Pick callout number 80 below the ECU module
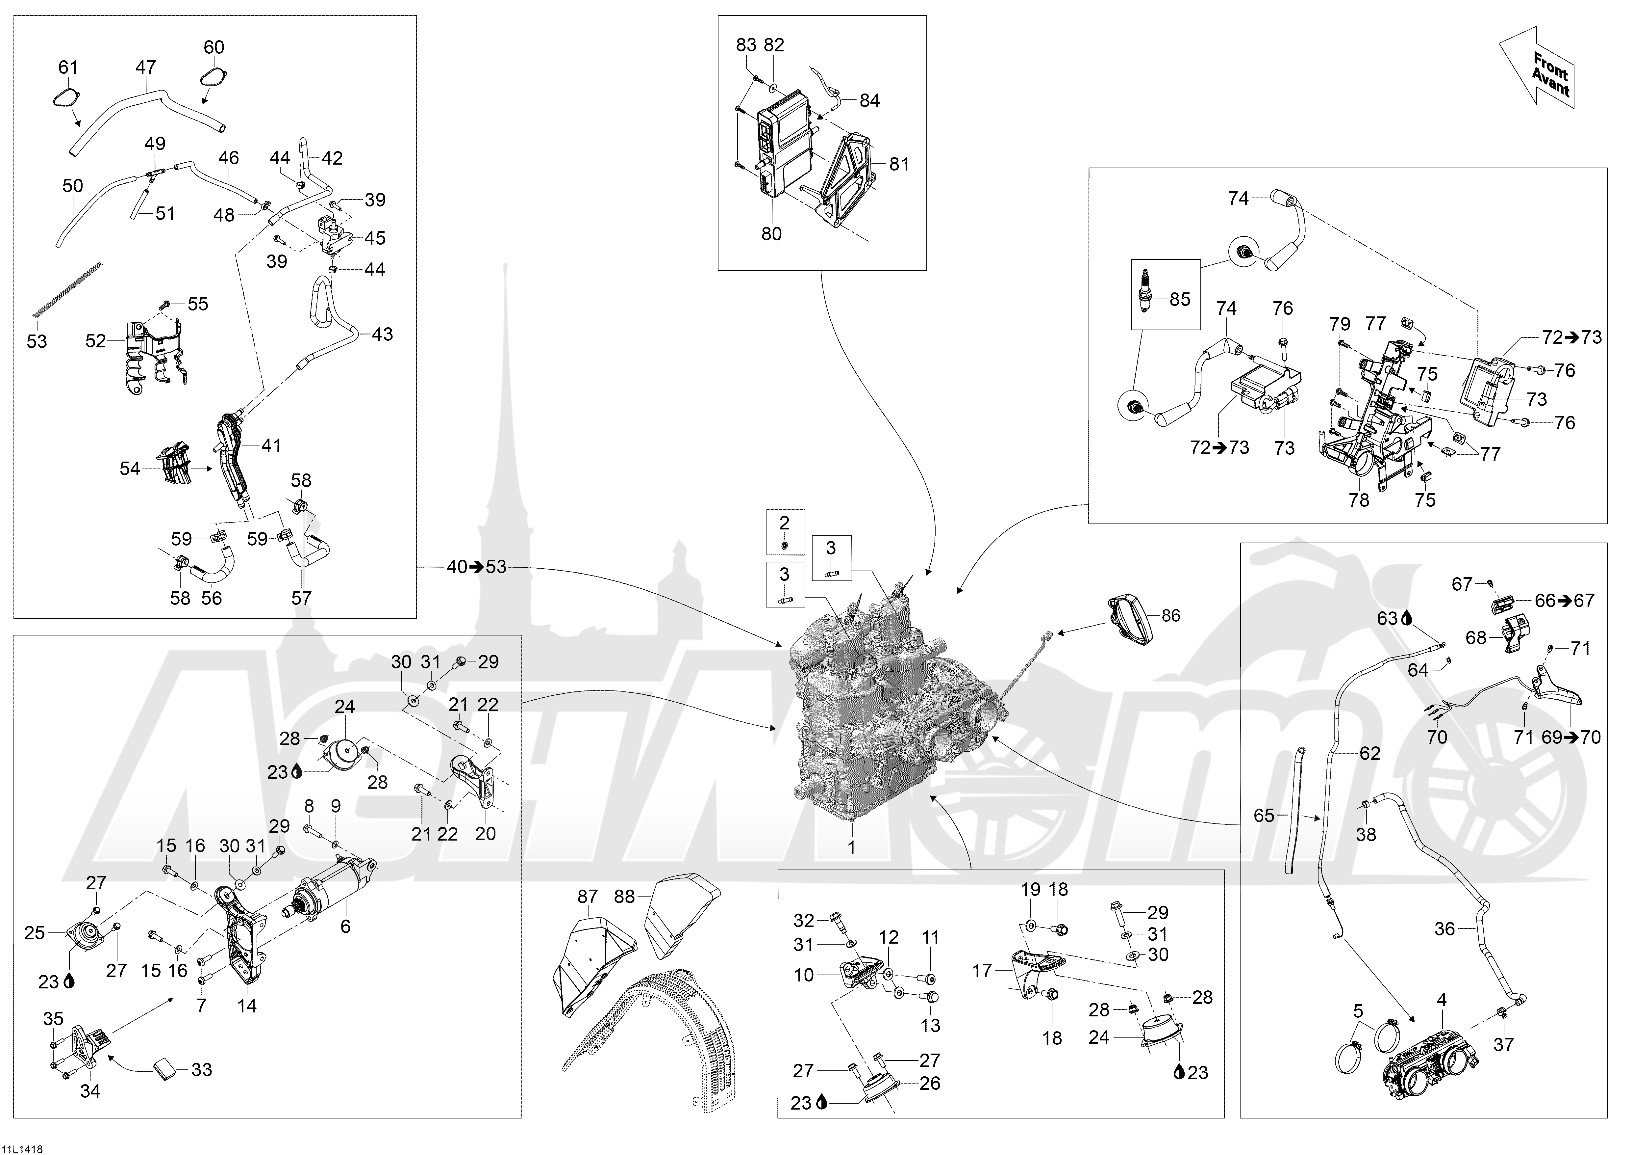(x=771, y=233)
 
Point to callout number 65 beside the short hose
(x=1263, y=815)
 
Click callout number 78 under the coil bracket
(x=1358, y=500)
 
